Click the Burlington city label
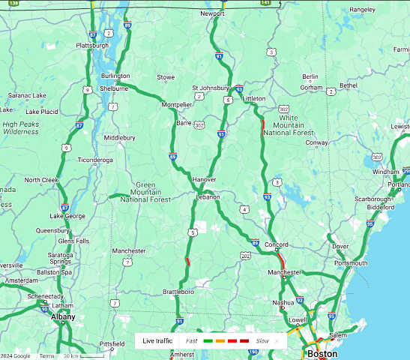click(115, 76)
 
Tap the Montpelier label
click(177, 105)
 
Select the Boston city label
click(322, 353)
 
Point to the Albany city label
click(63, 317)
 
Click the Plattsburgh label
click(93, 45)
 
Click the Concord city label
click(277, 244)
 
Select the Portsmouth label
click(351, 263)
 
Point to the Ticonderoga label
click(94, 160)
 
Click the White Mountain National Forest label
click(289, 125)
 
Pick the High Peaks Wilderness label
click(20, 127)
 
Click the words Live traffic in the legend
click(158, 340)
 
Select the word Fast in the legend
click(192, 340)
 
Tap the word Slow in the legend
click(262, 340)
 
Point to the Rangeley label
click(362, 10)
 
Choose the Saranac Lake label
click(26, 95)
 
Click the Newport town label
click(213, 13)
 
